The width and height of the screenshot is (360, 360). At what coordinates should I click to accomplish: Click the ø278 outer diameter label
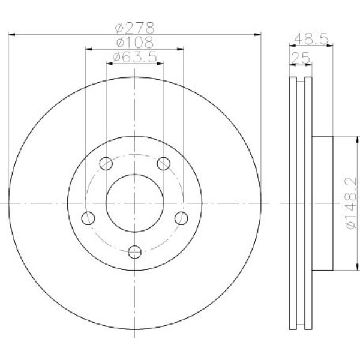coord(135,28)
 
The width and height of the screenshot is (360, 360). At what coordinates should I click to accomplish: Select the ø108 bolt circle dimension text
coord(135,43)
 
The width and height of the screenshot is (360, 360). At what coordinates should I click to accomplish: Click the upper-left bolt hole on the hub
coord(106,163)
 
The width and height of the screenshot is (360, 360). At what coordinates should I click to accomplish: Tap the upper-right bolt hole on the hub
coord(163,163)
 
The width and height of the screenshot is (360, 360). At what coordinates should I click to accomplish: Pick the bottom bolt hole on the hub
coord(135,251)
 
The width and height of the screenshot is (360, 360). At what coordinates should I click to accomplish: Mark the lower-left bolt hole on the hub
coord(88,217)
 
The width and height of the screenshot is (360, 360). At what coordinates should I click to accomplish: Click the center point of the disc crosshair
coord(135,203)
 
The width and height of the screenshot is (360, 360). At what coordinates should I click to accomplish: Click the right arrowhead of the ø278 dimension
coord(259,34)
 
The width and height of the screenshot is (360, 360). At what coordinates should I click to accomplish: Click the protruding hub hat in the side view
coord(322,203)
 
